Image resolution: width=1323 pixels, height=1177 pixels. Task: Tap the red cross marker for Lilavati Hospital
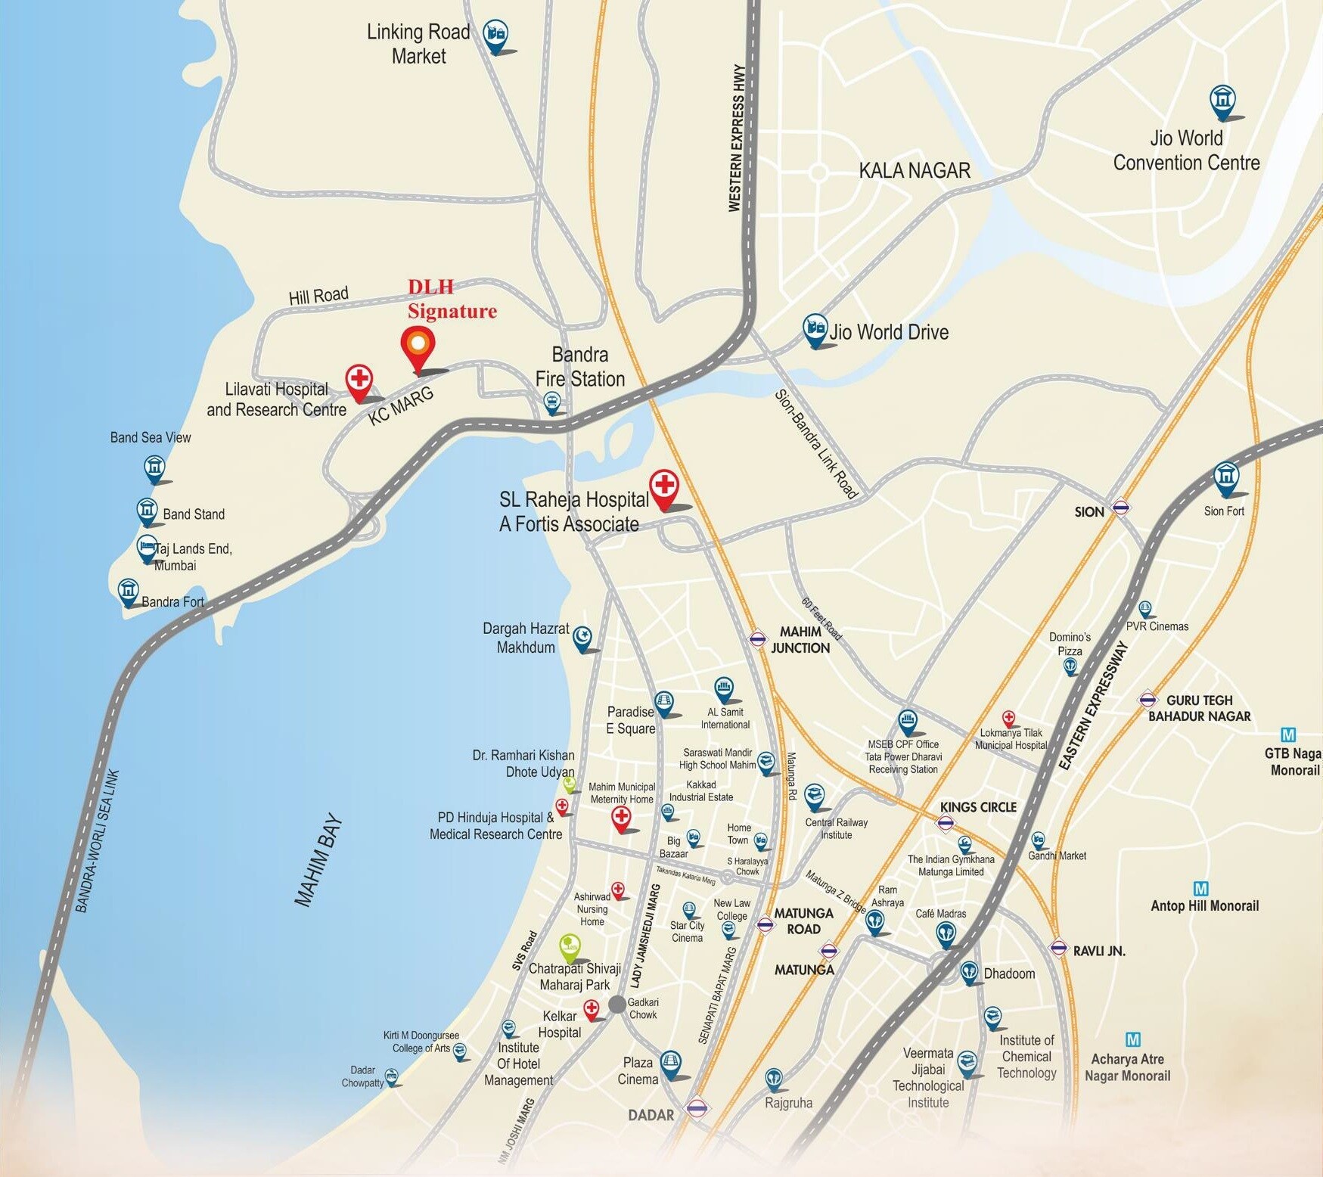pyautogui.click(x=359, y=380)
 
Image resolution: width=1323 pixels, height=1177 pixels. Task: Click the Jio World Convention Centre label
pyautogui.click(x=1186, y=151)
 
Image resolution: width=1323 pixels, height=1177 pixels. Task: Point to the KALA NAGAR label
pyautogui.click(x=915, y=171)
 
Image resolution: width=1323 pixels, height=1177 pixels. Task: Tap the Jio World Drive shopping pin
pyautogui.click(x=814, y=328)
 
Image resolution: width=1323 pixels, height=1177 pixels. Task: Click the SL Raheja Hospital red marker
pyautogui.click(x=664, y=486)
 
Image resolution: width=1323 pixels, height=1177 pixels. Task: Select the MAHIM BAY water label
pyautogui.click(x=318, y=860)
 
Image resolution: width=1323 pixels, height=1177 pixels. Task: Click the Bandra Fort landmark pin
pyautogui.click(x=129, y=591)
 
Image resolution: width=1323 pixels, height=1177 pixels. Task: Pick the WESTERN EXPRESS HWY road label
pyautogui.click(x=736, y=138)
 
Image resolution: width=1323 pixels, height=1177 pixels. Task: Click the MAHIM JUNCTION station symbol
pyautogui.click(x=758, y=638)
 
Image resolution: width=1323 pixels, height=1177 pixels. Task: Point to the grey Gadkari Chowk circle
pyautogui.click(x=617, y=1005)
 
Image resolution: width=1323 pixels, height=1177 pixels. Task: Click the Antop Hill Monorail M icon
pyautogui.click(x=1200, y=889)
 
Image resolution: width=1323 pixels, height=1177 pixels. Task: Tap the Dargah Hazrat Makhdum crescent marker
pyautogui.click(x=582, y=638)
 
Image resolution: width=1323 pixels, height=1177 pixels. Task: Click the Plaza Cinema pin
pyautogui.click(x=670, y=1063)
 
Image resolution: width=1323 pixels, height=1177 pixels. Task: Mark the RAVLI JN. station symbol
pyautogui.click(x=1058, y=947)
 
